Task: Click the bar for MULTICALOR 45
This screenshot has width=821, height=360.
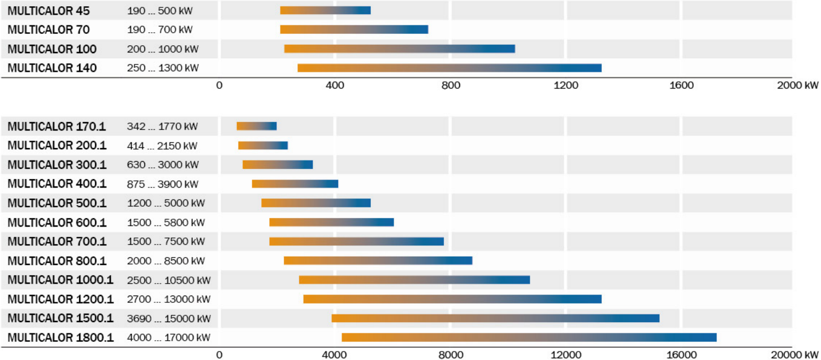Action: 325,10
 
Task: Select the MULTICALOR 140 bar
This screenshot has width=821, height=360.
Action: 450,68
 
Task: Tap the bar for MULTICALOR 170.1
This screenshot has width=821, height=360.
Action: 257,126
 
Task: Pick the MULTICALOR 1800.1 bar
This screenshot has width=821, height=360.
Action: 529,337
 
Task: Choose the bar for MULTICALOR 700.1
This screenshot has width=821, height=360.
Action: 356,241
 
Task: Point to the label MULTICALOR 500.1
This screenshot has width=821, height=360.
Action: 57,203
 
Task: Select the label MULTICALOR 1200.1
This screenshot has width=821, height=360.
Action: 61,299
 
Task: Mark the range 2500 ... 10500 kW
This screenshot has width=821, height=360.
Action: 168,280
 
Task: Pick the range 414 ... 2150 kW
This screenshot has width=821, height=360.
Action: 162,146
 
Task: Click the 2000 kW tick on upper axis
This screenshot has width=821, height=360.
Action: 797,86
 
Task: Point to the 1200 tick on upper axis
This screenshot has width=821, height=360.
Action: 566,86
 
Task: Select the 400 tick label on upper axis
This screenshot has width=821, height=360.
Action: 335,86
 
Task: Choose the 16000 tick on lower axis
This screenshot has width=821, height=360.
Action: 681,355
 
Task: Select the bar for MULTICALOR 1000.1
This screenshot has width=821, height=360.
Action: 414,280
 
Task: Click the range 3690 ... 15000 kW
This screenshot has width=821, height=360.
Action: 168,318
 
